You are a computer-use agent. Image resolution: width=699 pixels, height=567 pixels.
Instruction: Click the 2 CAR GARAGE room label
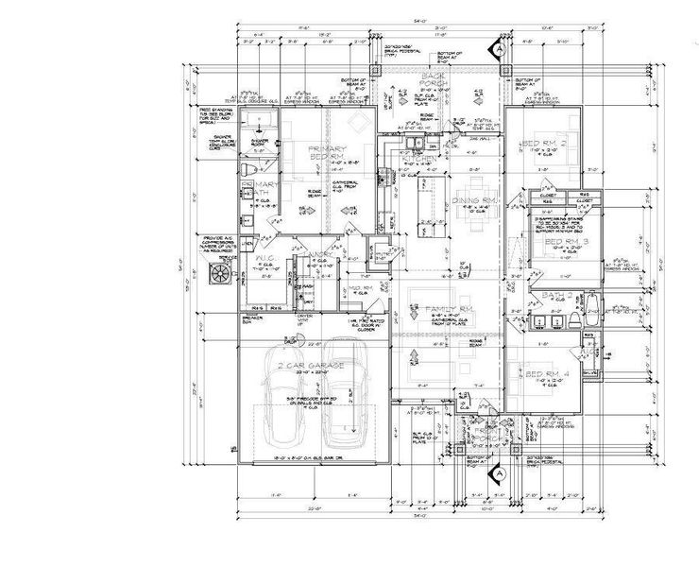304,364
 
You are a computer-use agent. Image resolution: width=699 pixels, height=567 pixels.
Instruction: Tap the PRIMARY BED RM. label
328,154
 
